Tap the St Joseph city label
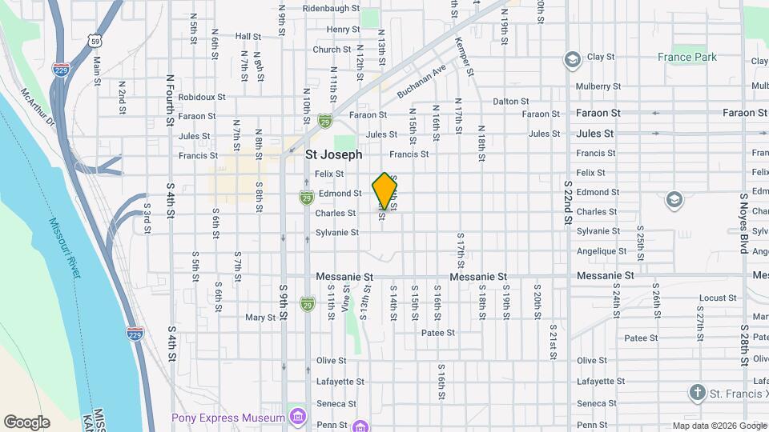[x=334, y=154]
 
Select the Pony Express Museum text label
[x=227, y=418]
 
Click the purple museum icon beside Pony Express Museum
[x=298, y=417]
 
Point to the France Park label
[x=686, y=57]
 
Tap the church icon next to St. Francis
[x=698, y=392]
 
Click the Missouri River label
[x=65, y=247]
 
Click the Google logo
[x=26, y=422]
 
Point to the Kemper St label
[x=465, y=57]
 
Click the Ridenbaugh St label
[x=330, y=9]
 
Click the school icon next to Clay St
[x=572, y=58]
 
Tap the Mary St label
[x=260, y=318]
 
